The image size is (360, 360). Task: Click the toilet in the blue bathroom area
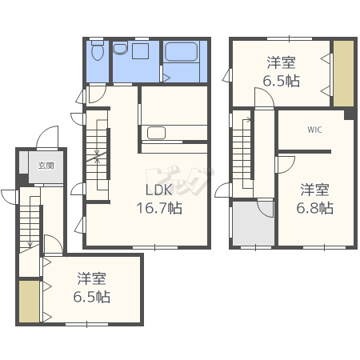(98, 50)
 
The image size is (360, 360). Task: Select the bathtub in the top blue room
(182, 52)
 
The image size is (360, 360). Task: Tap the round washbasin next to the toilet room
(120, 48)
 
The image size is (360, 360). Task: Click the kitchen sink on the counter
(156, 133)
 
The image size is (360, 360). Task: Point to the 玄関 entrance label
(46, 166)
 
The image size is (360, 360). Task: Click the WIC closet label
(314, 130)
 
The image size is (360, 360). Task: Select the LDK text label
(159, 190)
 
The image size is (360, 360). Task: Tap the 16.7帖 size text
(159, 208)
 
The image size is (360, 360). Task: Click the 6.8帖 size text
(314, 208)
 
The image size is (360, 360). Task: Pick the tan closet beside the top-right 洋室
(344, 74)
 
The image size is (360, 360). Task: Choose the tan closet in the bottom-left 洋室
(30, 302)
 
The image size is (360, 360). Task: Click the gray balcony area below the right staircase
(254, 223)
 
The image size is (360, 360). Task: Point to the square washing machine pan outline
(141, 51)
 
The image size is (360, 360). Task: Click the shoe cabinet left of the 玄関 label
(23, 162)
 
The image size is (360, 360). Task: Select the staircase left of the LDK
(97, 155)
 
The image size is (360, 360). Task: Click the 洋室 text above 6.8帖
(314, 190)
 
